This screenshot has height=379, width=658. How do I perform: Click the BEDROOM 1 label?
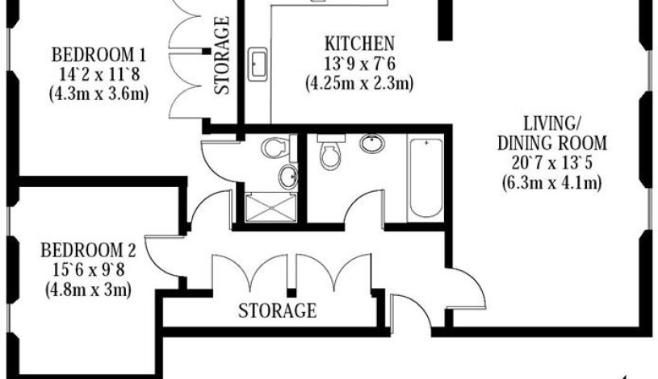[x=98, y=56]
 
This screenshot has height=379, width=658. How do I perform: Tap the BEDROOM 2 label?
[x=94, y=249]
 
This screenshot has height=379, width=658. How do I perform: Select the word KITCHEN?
[x=359, y=43]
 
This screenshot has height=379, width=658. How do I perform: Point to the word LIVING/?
[x=553, y=124]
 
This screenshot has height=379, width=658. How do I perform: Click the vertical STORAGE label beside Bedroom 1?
[x=223, y=56]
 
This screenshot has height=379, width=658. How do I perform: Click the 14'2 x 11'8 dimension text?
[x=98, y=75]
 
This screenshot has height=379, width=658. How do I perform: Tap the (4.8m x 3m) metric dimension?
[x=89, y=288]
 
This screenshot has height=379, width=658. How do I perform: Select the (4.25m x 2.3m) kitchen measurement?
[x=359, y=82]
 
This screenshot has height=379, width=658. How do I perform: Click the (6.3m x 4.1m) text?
[x=553, y=183]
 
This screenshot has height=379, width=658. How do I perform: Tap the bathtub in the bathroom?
[x=425, y=179]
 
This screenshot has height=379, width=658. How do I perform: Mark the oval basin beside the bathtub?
[x=371, y=145]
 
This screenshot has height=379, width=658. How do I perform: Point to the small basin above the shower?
[x=288, y=175]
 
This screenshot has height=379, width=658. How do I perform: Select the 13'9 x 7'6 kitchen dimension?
[x=359, y=62]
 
